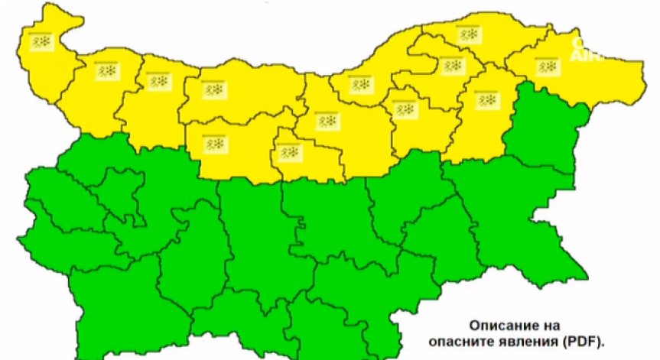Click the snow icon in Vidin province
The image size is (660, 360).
pos(41,41)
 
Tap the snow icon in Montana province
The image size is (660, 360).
pos(106,71)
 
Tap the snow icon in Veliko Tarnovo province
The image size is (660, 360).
pos(328,122)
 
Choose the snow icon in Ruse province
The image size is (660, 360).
pos(359,83)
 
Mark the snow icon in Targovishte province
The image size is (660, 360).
pos(405,109)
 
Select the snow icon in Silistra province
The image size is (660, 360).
pos(467,34)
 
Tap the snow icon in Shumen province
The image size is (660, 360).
pos(486,99)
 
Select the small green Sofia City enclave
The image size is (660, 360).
pos(115,187)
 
